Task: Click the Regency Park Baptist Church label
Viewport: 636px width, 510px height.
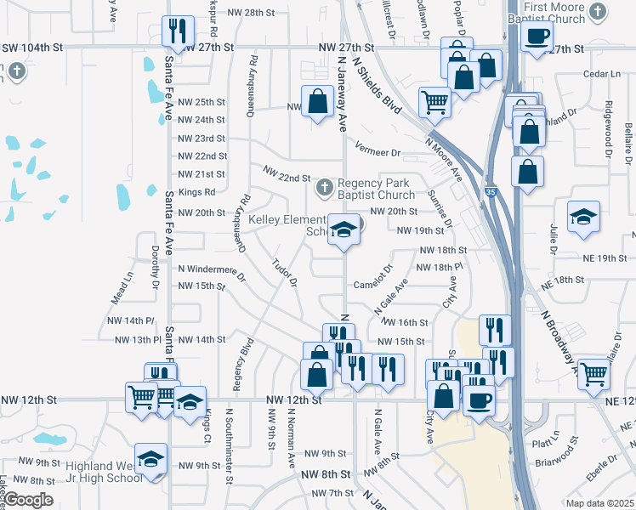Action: (x=373, y=189)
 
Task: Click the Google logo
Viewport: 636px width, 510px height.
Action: (x=28, y=500)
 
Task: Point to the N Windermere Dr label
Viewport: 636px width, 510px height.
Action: (x=211, y=269)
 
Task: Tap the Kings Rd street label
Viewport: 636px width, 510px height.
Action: (x=196, y=192)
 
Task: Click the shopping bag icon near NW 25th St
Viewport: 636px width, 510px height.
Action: (x=317, y=101)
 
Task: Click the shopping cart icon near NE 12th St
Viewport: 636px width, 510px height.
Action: (x=593, y=373)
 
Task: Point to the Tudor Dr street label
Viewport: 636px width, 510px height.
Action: (x=284, y=269)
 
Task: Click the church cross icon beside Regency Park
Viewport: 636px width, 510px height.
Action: (x=323, y=186)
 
